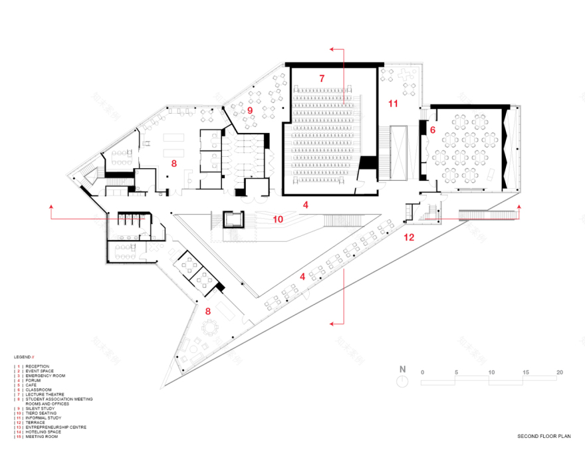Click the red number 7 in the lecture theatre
tap(321, 78)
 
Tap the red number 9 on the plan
tap(251, 110)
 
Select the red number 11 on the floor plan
tap(393, 103)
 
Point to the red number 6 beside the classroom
tap(432, 130)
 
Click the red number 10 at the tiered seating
tap(277, 218)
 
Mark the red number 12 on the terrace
tap(409, 237)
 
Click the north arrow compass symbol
tap(402, 380)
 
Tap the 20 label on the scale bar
tap(559, 372)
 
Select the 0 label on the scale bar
tap(422, 372)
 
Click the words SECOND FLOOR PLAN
tap(543, 437)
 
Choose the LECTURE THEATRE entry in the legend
tap(45, 394)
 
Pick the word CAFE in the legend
tap(31, 385)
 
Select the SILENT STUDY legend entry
tap(41, 408)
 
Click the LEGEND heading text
tap(23, 357)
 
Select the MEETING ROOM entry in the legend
tap(42, 437)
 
